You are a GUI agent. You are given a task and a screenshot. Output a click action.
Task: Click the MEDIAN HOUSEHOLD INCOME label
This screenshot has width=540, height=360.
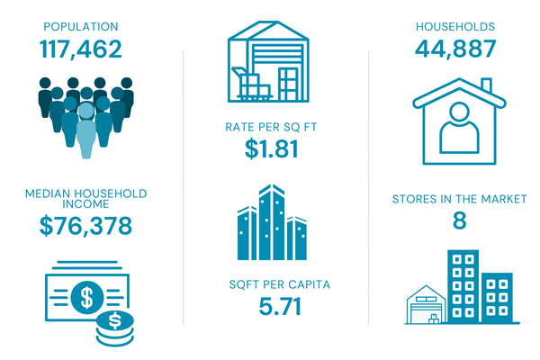pyautogui.click(x=85, y=199)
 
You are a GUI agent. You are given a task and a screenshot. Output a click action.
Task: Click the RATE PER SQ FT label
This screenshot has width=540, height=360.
pyautogui.click(x=271, y=126)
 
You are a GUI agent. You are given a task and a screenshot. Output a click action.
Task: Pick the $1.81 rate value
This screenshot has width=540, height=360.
pyautogui.click(x=271, y=149)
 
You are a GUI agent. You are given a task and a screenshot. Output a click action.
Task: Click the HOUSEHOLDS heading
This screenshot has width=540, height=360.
pyautogui.click(x=455, y=26)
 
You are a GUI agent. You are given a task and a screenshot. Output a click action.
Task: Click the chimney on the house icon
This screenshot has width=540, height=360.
pyautogui.click(x=487, y=86)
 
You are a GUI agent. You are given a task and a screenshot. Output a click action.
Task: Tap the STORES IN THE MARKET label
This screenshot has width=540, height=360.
pyautogui.click(x=459, y=199)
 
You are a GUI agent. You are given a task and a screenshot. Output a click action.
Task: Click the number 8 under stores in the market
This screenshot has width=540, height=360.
pyautogui.click(x=459, y=222)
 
